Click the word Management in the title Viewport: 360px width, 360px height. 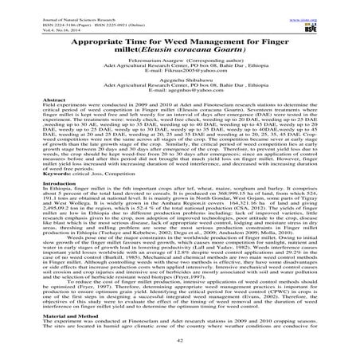pos(225,37)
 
